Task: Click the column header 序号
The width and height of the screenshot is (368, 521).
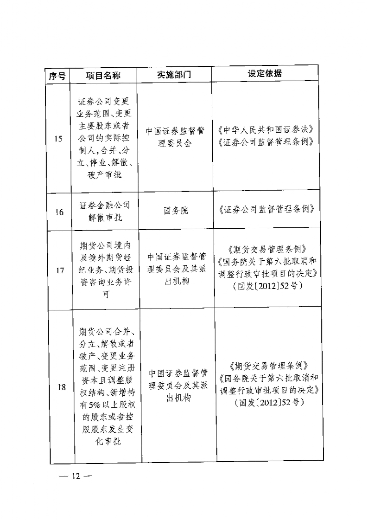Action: (x=57, y=76)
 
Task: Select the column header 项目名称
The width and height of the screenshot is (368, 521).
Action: (x=103, y=76)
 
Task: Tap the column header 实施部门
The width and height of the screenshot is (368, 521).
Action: (x=174, y=75)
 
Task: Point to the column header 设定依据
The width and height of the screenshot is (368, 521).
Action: (x=265, y=73)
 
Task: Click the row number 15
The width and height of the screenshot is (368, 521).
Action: (x=58, y=139)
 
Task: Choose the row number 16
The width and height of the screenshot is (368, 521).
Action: (x=59, y=212)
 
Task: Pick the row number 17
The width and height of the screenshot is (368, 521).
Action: (x=60, y=270)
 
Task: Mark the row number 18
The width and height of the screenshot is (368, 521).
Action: (x=62, y=387)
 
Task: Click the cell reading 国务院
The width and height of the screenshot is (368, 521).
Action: (x=176, y=210)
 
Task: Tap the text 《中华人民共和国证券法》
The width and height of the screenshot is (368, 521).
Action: (x=266, y=129)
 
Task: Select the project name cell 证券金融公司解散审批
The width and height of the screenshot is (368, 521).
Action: (x=105, y=212)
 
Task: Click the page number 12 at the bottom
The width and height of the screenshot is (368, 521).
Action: (x=76, y=476)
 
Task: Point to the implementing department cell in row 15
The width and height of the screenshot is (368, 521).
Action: (x=175, y=137)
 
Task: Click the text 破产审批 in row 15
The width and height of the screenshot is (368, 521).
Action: (x=105, y=175)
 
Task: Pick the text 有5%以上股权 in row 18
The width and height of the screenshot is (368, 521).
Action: (x=108, y=405)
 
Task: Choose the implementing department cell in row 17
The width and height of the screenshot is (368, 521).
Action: (x=177, y=269)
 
